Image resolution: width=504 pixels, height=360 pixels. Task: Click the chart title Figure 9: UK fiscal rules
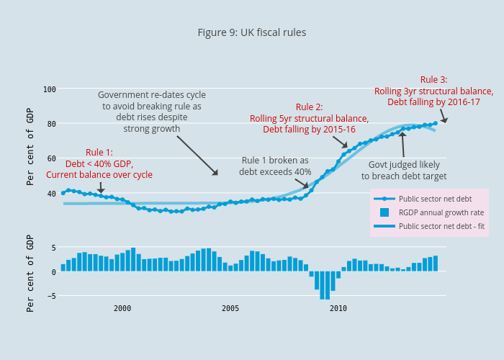click(x=252, y=32)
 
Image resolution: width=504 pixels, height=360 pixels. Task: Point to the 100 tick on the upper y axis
click(x=50, y=89)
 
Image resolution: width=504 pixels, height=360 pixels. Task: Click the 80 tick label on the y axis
click(x=52, y=124)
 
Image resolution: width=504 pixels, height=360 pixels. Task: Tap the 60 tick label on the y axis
click(x=52, y=158)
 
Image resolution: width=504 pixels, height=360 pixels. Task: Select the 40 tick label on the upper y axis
click(x=52, y=193)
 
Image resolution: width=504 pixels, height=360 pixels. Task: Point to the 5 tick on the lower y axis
click(x=53, y=248)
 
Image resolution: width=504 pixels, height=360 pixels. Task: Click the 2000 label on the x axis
click(x=122, y=308)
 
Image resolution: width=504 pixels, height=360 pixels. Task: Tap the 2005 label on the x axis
click(x=230, y=308)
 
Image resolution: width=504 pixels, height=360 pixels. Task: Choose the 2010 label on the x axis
click(x=338, y=308)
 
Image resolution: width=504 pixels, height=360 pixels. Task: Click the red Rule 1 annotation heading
click(x=99, y=152)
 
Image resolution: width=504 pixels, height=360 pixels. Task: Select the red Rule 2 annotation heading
click(x=309, y=107)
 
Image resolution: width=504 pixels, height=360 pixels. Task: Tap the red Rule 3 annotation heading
click(x=433, y=80)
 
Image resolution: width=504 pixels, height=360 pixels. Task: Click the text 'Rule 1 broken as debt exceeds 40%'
click(x=275, y=166)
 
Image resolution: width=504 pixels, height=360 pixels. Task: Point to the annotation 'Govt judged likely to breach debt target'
click(x=403, y=171)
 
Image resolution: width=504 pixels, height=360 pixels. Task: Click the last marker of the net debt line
click(x=435, y=123)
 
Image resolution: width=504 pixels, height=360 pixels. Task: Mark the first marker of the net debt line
click(x=63, y=193)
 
